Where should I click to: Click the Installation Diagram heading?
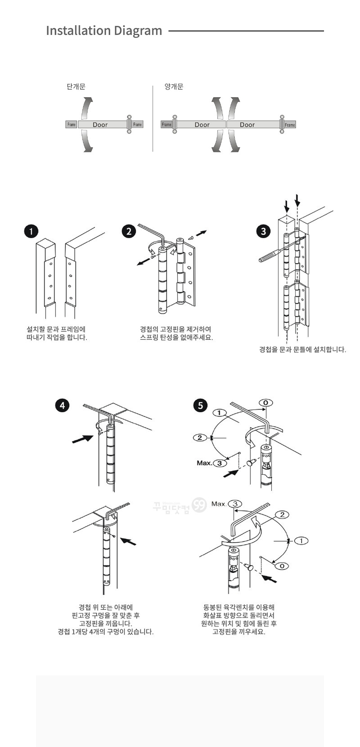[104, 31]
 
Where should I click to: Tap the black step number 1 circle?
[31, 231]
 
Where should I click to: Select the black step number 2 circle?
[129, 231]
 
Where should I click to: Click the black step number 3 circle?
[263, 231]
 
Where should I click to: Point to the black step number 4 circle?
[62, 406]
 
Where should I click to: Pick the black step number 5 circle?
[201, 406]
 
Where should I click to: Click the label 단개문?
[76, 87]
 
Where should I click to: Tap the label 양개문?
[174, 87]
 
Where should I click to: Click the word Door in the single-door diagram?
[100, 125]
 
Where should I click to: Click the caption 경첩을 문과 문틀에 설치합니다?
[302, 350]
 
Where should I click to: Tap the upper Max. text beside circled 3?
[204, 463]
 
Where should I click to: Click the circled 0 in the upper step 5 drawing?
[266, 402]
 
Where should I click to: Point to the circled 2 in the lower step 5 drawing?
[282, 515]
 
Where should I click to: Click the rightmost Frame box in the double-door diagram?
[290, 125]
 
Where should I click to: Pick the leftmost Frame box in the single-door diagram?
[71, 125]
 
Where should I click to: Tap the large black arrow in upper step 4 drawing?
[83, 439]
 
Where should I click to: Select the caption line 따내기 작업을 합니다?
[57, 338]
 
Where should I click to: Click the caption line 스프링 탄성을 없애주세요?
[176, 338]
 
